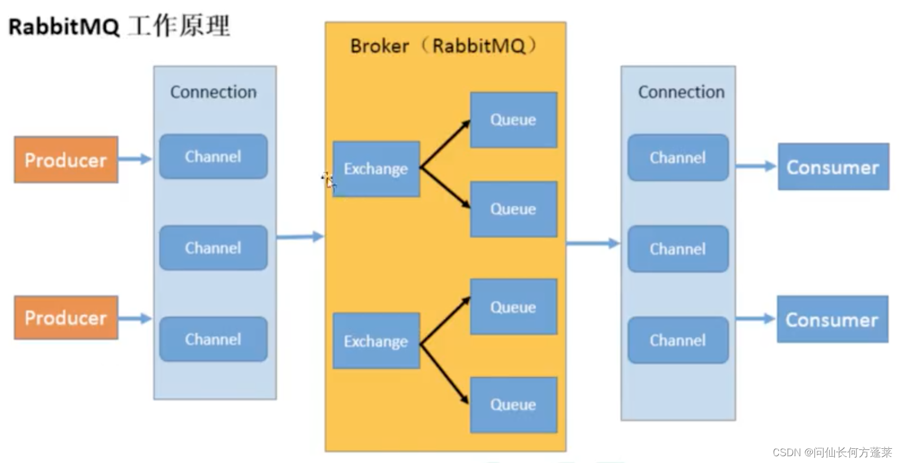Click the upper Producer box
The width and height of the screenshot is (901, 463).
tap(66, 160)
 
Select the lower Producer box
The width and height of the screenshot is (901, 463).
tap(66, 318)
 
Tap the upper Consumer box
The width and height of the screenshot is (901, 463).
tap(833, 166)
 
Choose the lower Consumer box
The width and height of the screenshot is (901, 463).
tap(833, 319)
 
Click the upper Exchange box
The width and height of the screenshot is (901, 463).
tap(376, 169)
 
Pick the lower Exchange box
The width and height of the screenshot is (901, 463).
tap(376, 341)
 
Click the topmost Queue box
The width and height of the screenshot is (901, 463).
tap(514, 120)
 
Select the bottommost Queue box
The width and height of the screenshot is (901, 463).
tap(514, 405)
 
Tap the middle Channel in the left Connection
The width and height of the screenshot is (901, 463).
tap(214, 247)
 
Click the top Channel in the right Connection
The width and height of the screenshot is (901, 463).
tap(678, 157)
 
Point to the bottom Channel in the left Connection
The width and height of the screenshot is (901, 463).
tap(214, 339)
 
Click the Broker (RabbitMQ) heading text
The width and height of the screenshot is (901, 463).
tap(444, 45)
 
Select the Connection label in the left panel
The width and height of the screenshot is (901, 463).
tap(214, 92)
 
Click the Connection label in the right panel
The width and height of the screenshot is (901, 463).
tap(682, 92)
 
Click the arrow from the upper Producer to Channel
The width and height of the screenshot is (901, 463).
tap(135, 158)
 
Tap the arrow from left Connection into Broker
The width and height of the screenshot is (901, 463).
tap(301, 237)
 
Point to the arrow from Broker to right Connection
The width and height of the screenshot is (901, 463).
tap(594, 243)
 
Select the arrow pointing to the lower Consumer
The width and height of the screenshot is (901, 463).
tap(756, 319)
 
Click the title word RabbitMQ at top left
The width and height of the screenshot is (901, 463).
tap(64, 27)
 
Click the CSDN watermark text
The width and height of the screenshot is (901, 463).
tap(832, 453)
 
